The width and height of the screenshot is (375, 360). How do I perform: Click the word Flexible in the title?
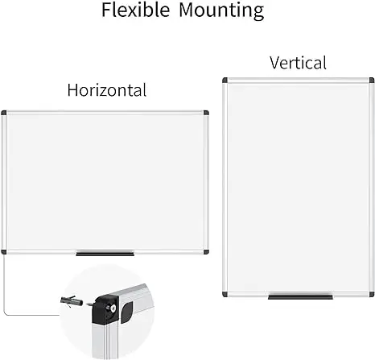(x=135, y=10)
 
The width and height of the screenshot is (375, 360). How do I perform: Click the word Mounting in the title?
(x=221, y=11)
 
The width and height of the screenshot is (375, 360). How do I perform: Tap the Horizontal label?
(x=107, y=90)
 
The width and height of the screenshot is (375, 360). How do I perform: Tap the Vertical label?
(x=298, y=63)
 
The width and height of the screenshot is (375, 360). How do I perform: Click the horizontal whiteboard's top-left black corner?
(x=4, y=113)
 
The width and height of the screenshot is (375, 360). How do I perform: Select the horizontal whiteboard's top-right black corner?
(x=206, y=113)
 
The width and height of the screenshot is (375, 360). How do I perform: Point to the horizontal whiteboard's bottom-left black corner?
(x=4, y=252)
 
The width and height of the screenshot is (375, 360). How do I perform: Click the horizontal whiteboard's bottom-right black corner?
(x=206, y=252)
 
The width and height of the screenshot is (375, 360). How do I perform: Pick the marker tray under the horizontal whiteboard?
(x=105, y=254)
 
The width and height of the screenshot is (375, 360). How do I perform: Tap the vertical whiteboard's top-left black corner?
(x=225, y=81)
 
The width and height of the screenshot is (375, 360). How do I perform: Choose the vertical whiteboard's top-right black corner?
(x=372, y=81)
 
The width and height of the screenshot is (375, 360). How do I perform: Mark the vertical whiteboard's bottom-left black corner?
(x=225, y=294)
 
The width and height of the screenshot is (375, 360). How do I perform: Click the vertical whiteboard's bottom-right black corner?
(x=372, y=294)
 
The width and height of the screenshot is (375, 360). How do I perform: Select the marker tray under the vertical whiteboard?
(x=300, y=297)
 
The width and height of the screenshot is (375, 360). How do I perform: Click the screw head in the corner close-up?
(x=113, y=308)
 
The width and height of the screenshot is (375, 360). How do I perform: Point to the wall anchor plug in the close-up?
(x=72, y=300)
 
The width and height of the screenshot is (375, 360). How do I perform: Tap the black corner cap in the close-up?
(x=105, y=309)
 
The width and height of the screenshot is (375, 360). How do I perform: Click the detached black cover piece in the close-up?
(x=126, y=312)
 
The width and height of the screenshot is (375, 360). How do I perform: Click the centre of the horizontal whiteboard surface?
(x=105, y=183)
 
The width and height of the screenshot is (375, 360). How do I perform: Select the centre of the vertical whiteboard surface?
(x=298, y=188)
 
